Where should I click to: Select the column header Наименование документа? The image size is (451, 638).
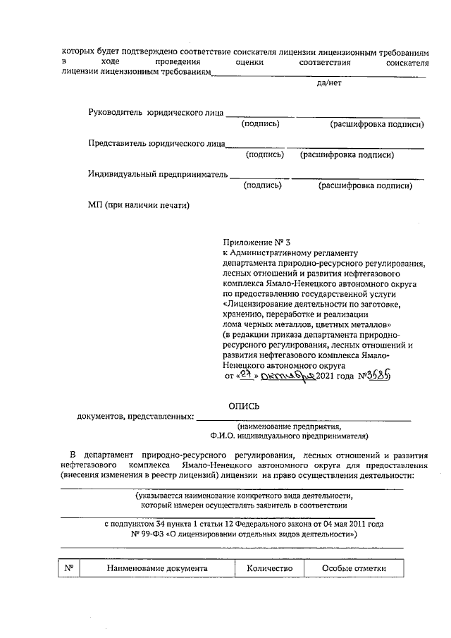[x=156, y=568]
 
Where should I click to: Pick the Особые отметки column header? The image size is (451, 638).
[x=350, y=568]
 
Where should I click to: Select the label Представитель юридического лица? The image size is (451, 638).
[x=156, y=143]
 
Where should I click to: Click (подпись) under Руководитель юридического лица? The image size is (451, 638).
[x=260, y=124]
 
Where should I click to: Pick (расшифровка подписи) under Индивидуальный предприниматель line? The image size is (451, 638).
[x=364, y=186]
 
